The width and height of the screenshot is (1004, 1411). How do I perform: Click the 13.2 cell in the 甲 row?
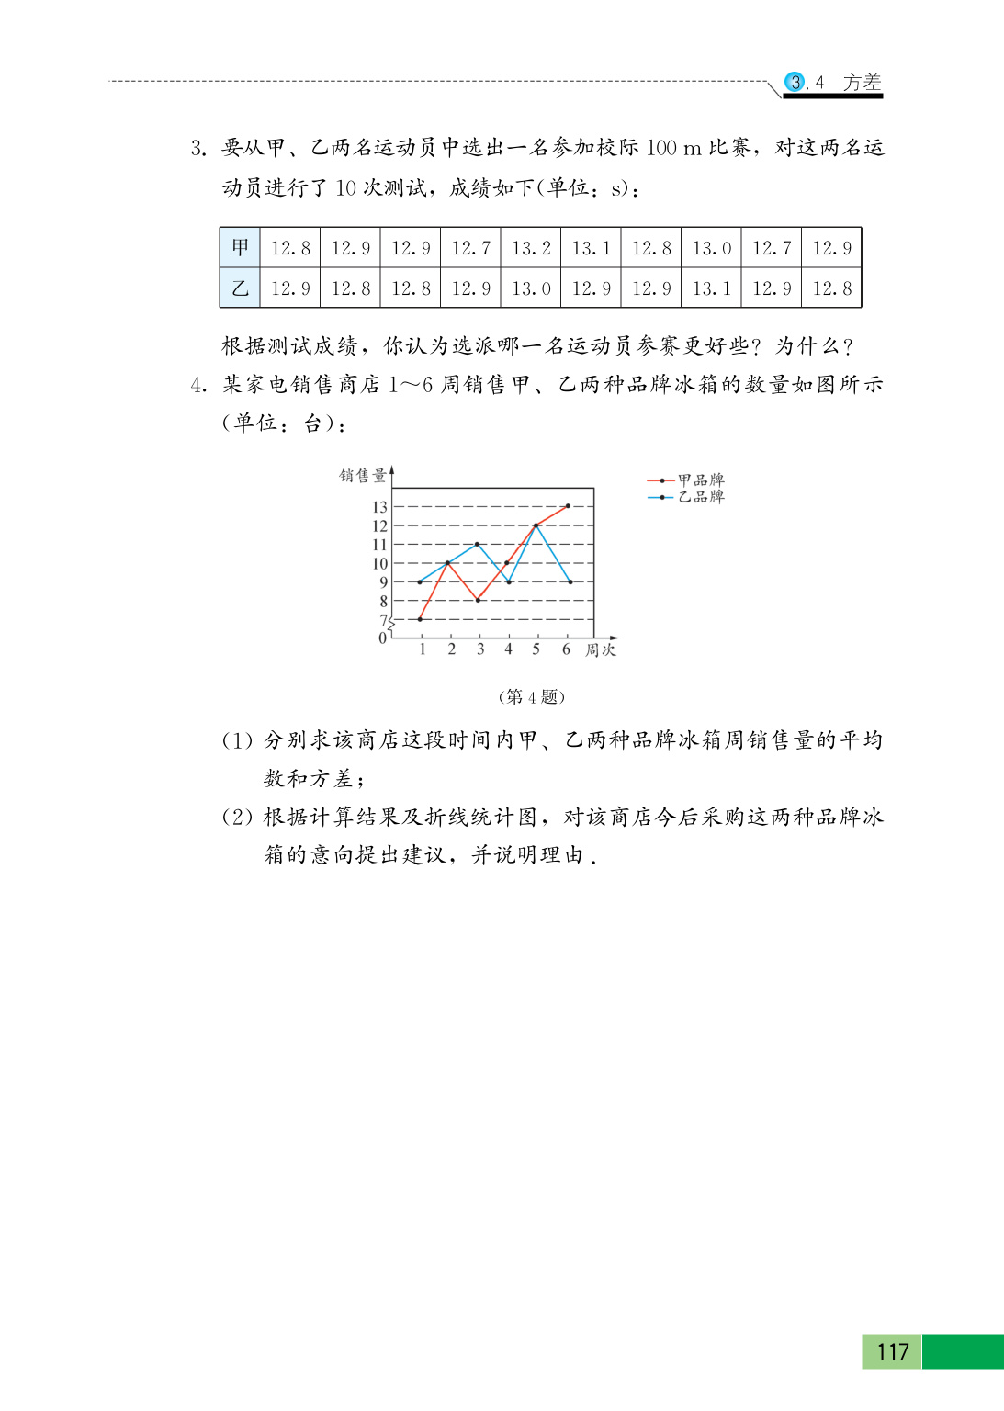tap(531, 248)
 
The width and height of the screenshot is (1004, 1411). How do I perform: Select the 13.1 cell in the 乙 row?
tap(711, 288)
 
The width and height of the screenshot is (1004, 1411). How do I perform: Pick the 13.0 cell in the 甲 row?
tap(711, 248)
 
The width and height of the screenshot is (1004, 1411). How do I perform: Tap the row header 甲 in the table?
tap(240, 248)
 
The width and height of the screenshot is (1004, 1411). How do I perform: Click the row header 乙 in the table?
tap(240, 288)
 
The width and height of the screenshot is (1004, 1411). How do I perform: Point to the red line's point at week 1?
tap(421, 619)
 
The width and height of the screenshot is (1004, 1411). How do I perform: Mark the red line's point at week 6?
tap(568, 506)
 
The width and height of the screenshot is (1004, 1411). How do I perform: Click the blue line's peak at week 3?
tap(478, 544)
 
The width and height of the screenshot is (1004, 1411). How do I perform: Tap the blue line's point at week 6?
tap(570, 581)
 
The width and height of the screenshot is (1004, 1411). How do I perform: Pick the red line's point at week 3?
tap(478, 600)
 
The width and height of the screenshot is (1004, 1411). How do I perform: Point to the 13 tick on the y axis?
tap(379, 507)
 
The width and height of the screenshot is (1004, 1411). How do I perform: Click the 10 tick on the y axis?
tap(379, 563)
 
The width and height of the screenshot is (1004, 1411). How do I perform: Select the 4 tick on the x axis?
tap(508, 649)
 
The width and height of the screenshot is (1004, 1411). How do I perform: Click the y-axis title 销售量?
tap(363, 476)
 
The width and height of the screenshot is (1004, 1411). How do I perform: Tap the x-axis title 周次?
tap(601, 650)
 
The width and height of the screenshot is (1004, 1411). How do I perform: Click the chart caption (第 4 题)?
tap(531, 696)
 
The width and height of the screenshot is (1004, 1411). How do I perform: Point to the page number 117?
tap(892, 1351)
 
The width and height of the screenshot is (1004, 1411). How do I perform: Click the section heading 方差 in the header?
tap(862, 83)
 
